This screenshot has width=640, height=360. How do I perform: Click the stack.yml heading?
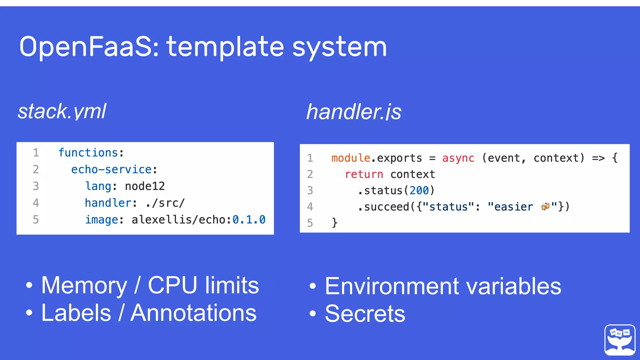(x=62, y=111)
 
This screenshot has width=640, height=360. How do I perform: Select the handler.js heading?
(x=354, y=112)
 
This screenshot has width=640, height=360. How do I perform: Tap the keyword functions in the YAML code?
(x=88, y=153)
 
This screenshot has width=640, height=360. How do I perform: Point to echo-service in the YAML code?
(x=112, y=169)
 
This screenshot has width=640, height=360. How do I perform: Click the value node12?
(x=145, y=186)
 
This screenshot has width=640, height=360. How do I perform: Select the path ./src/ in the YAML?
(x=165, y=203)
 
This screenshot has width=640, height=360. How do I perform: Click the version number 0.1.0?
(x=249, y=220)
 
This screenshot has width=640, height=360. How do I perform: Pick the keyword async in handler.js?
(x=458, y=158)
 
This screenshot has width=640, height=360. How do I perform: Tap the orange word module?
(x=351, y=158)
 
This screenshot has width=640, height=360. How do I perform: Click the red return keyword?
(x=364, y=174)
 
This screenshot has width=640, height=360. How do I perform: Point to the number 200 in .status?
(x=419, y=191)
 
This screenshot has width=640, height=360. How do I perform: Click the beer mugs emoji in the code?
(x=545, y=206)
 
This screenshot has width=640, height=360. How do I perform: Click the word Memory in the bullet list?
(x=84, y=286)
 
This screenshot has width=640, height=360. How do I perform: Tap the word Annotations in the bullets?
(x=193, y=313)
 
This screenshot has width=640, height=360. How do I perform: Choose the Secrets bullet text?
(x=365, y=314)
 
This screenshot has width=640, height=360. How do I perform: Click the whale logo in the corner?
(x=620, y=340)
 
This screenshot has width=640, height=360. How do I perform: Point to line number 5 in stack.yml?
(x=36, y=220)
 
